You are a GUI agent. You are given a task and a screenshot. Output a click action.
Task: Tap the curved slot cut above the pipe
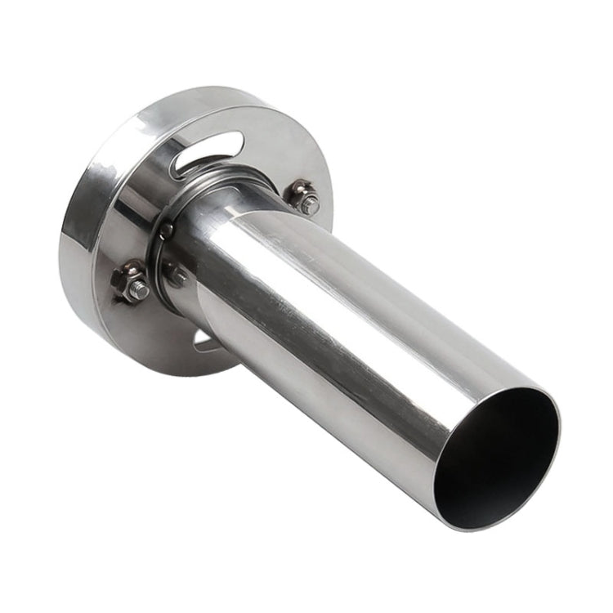208,152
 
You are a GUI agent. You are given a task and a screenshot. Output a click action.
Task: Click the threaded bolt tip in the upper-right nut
310,204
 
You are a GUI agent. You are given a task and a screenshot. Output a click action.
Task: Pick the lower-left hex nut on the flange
131,281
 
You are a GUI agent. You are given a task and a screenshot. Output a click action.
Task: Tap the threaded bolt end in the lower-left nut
138,289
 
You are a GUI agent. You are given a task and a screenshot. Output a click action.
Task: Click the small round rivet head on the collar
167,231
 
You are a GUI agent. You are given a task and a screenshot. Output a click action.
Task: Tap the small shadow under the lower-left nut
123,301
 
